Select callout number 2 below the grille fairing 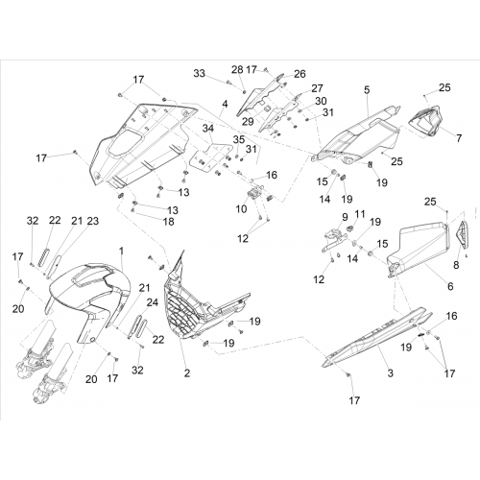[187, 372]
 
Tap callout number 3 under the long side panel [390, 372]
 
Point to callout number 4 [225, 104]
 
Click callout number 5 [367, 90]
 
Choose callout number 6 [450, 286]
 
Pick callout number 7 [459, 138]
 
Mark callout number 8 [456, 265]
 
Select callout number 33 [199, 73]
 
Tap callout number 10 [241, 209]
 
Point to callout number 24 [153, 302]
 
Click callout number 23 [93, 221]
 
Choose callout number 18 [169, 221]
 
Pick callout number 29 [248, 121]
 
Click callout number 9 [345, 217]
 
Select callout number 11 [360, 214]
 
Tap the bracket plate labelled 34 [211, 156]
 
